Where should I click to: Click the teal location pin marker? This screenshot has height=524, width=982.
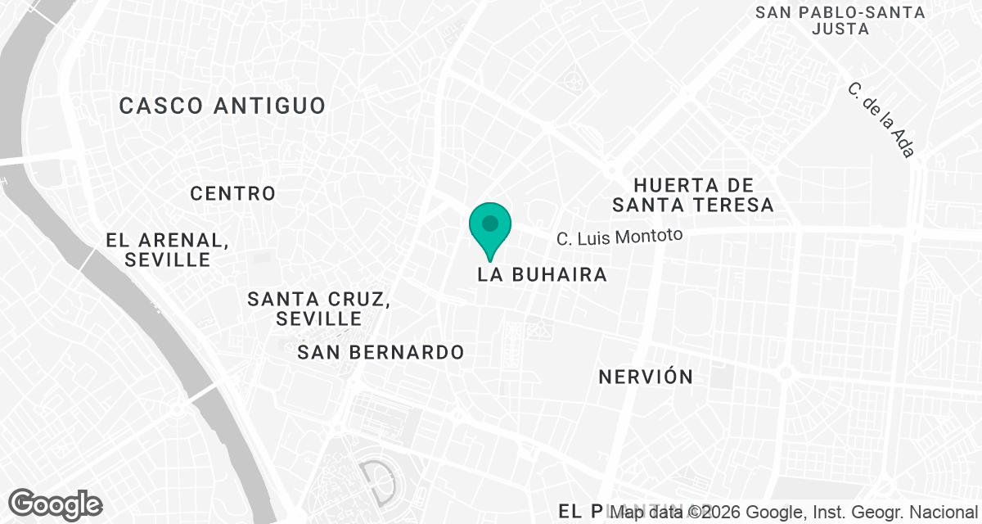click(490, 226)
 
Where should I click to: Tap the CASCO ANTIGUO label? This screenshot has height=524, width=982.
click(223, 106)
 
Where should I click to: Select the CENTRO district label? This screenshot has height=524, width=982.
click(233, 194)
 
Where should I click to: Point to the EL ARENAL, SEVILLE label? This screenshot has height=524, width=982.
click(167, 250)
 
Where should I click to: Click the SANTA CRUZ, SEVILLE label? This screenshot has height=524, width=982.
click(319, 308)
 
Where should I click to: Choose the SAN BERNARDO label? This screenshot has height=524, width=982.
click(381, 353)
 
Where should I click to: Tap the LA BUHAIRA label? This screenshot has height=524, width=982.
click(543, 275)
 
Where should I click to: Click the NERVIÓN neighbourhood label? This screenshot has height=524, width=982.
click(646, 377)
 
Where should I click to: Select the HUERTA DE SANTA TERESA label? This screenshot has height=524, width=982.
click(692, 195)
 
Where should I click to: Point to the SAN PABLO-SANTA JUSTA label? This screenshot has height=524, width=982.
click(840, 20)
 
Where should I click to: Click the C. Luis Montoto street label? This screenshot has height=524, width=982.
click(619, 237)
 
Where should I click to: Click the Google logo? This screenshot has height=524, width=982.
click(55, 504)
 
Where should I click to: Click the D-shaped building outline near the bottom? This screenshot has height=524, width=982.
click(376, 483)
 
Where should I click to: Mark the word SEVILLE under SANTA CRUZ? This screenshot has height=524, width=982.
click(319, 318)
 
